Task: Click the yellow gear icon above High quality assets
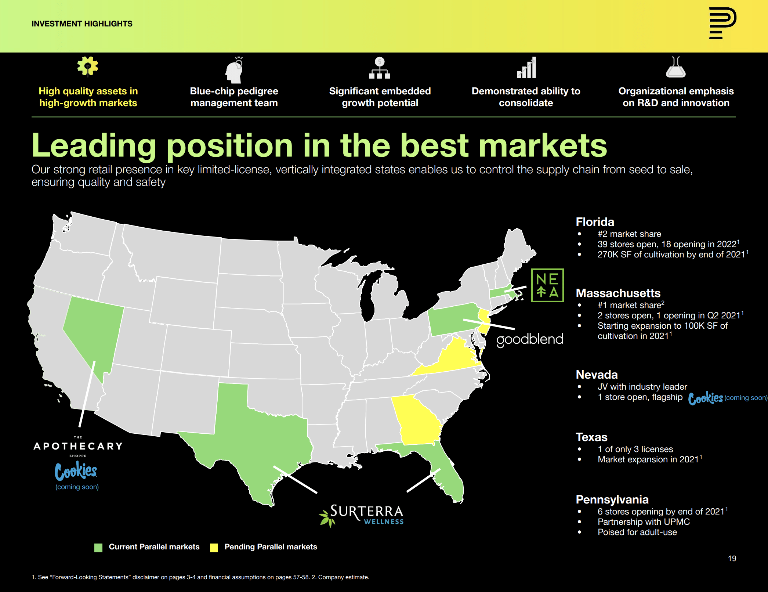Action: point(88,66)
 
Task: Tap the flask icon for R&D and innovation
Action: point(675,67)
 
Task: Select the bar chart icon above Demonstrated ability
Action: point(526,68)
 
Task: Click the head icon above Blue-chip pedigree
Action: point(234,70)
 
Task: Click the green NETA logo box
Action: point(547,285)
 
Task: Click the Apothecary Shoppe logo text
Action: point(78,446)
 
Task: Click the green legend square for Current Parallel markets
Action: point(98,548)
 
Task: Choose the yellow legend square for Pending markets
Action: point(214,548)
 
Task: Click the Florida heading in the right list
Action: point(595,222)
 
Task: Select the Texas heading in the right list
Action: point(591,437)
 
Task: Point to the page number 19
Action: point(732,558)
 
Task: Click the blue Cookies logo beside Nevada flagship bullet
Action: point(705,398)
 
